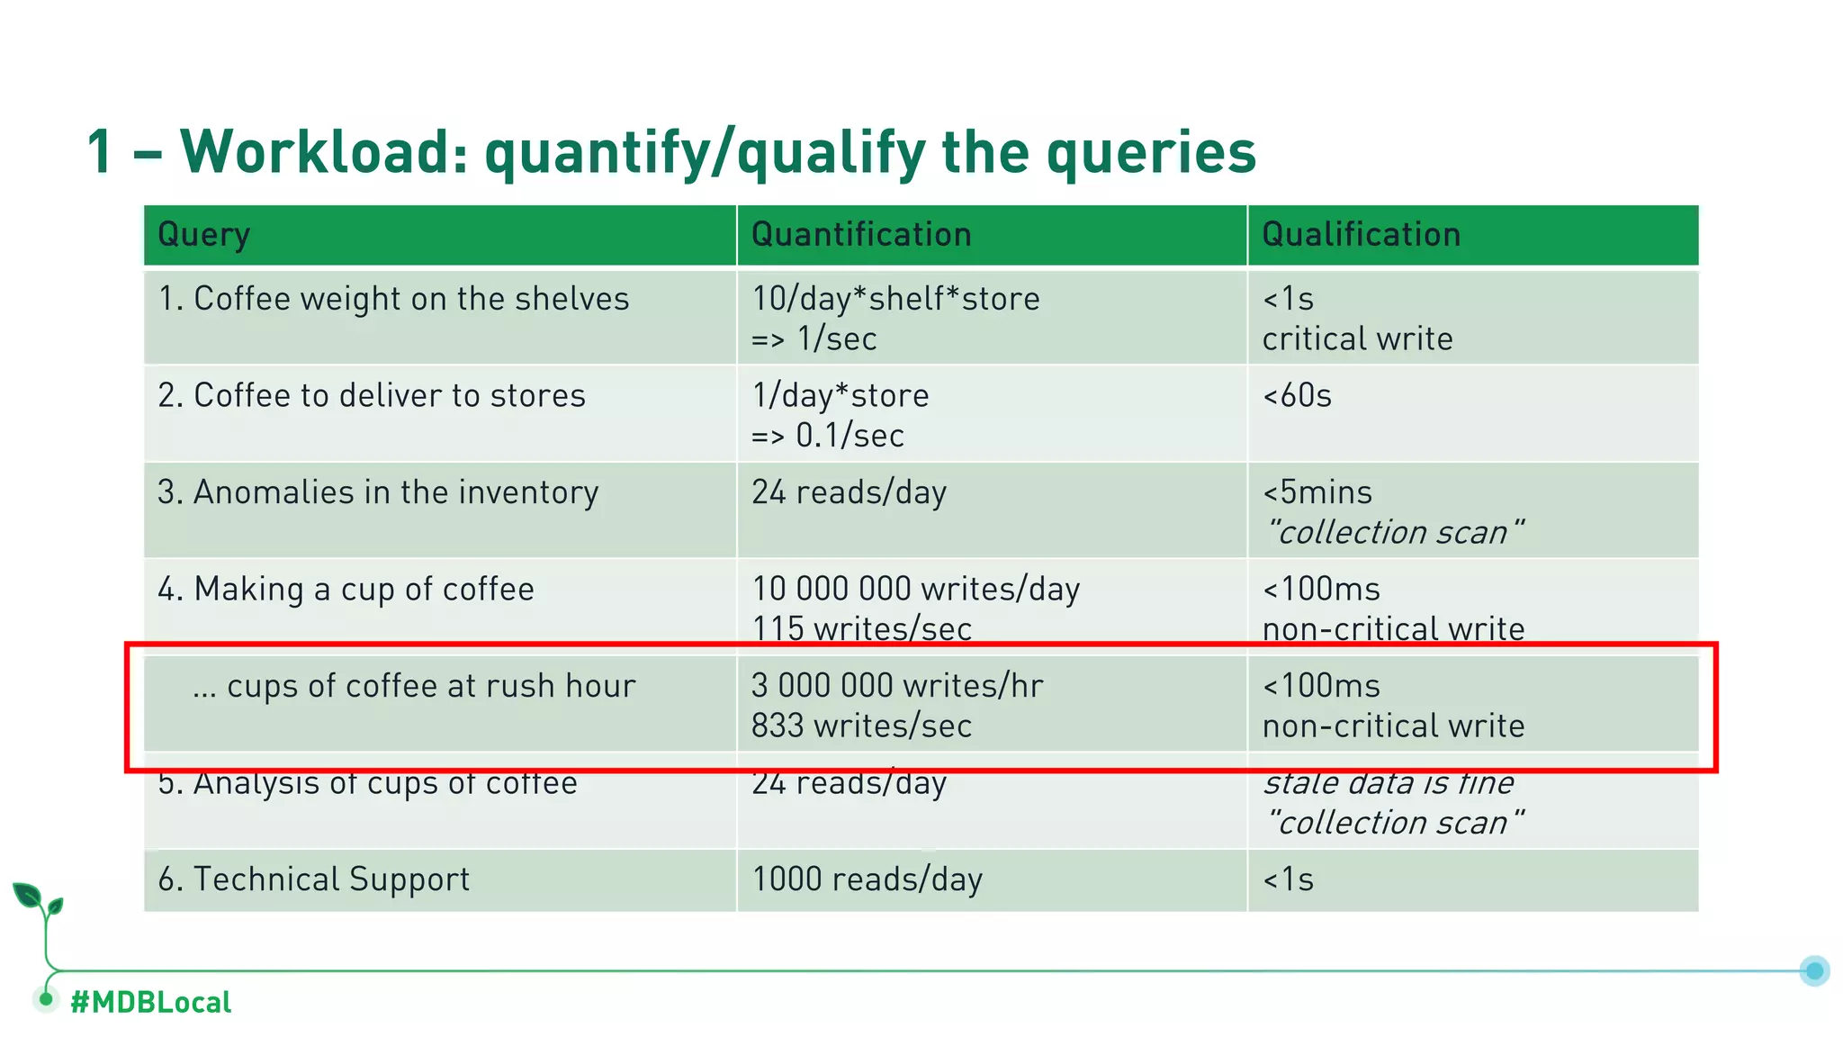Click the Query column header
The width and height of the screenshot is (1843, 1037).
[203, 235]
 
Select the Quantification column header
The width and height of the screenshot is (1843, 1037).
[861, 235]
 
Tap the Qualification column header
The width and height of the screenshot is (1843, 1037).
[1361, 235]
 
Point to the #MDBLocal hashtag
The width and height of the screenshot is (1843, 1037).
[150, 1002]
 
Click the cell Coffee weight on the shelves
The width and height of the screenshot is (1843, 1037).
[393, 299]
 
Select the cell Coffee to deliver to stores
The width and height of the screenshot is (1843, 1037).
[372, 396]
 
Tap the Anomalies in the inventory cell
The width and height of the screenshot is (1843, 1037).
[378, 492]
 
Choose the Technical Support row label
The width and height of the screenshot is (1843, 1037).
[313, 879]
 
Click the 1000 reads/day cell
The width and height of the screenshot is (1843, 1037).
[867, 879]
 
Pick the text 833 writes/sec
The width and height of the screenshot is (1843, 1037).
[861, 726]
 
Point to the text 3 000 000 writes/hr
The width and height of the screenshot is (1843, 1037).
[897, 686]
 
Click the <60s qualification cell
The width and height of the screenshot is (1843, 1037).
[1297, 396]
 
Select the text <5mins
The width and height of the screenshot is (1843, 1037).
[1317, 492]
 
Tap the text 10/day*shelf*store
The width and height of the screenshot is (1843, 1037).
[895, 299]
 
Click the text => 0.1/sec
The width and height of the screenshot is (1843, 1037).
[828, 436]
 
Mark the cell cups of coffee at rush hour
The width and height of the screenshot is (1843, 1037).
[414, 686]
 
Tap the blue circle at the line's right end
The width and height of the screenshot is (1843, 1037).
[1814, 970]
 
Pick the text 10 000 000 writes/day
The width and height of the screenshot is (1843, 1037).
[915, 590]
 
